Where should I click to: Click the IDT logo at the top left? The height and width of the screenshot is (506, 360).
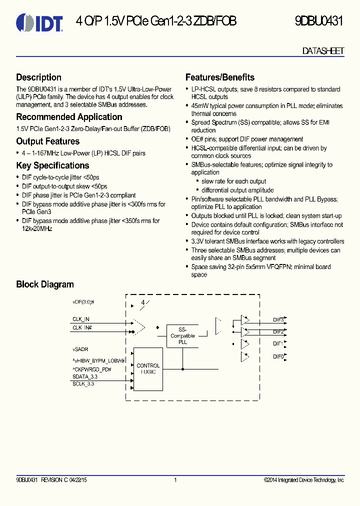(x=39, y=22)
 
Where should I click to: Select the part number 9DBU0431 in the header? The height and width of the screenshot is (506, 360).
(x=318, y=21)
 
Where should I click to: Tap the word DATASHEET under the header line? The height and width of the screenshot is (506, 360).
(x=323, y=51)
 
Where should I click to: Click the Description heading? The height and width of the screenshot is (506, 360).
(x=39, y=77)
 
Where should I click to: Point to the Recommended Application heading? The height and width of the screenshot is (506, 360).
(x=69, y=117)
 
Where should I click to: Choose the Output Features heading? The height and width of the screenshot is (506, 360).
(x=47, y=141)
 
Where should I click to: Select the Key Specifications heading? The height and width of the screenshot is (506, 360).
(x=52, y=165)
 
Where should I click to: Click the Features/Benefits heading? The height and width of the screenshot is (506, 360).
(x=220, y=77)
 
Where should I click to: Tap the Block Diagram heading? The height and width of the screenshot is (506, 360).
(x=45, y=284)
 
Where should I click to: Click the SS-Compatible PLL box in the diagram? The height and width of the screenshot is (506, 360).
(x=182, y=335)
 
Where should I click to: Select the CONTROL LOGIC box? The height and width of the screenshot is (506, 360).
(x=148, y=368)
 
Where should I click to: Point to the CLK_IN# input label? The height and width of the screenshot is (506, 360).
(x=82, y=327)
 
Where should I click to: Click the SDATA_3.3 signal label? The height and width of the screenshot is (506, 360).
(x=83, y=376)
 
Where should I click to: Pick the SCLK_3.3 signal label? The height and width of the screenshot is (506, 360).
(x=83, y=384)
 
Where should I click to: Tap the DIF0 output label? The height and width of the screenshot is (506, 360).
(x=278, y=356)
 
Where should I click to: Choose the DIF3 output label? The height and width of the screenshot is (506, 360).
(x=278, y=319)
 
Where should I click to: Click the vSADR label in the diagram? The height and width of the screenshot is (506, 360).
(x=80, y=349)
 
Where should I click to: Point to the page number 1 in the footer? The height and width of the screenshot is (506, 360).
(x=175, y=480)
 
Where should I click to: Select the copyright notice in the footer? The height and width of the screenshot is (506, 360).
(x=304, y=480)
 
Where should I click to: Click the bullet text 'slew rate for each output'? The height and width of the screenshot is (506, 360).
(x=233, y=181)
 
